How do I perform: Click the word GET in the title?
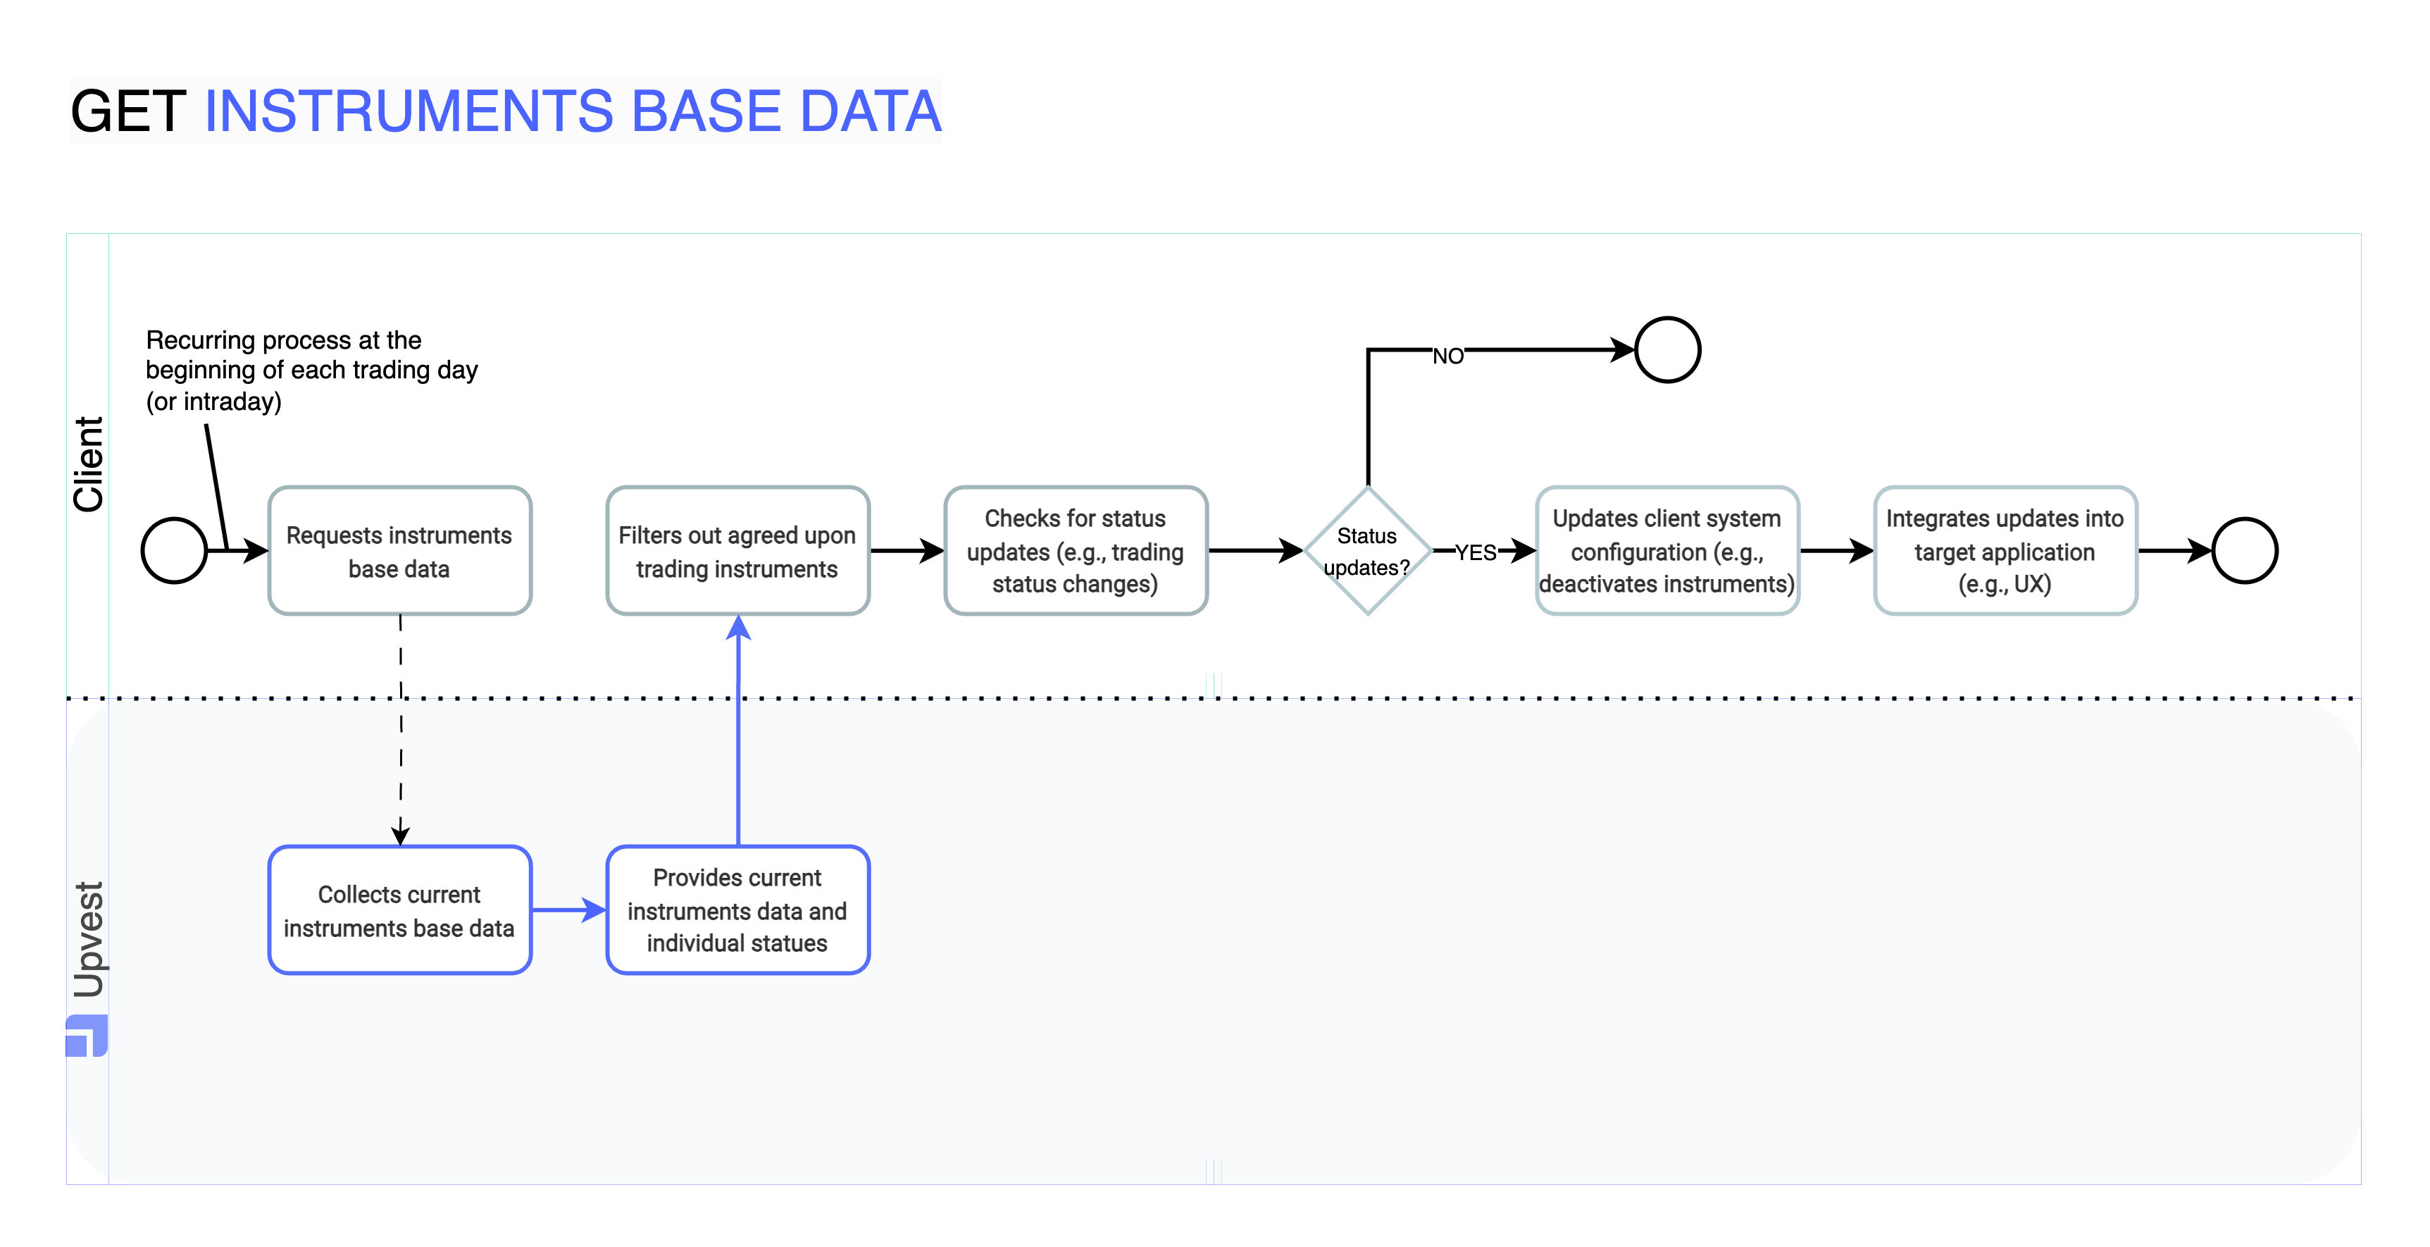(x=128, y=111)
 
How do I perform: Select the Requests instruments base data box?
(x=399, y=551)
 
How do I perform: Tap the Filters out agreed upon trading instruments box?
(x=737, y=551)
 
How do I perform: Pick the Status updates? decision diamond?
(x=1367, y=551)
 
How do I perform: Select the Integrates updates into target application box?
(x=2004, y=551)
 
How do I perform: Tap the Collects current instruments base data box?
(x=399, y=910)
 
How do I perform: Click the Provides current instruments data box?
(x=737, y=910)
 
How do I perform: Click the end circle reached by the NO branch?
(x=1667, y=350)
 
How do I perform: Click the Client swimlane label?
(x=88, y=464)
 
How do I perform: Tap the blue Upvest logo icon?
(x=87, y=1036)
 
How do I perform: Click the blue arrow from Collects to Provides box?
(x=568, y=910)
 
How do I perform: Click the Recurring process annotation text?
(x=311, y=370)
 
